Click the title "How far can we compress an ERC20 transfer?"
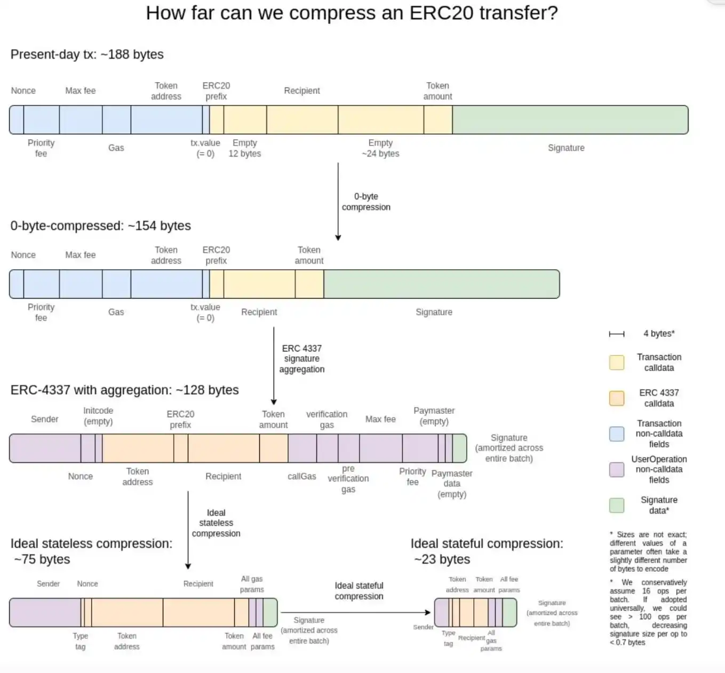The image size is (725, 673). pyautogui.click(x=352, y=13)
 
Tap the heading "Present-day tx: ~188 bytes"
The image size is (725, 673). pyautogui.click(x=87, y=54)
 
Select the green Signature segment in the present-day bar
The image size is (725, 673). pyautogui.click(x=570, y=119)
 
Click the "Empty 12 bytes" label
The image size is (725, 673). pyautogui.click(x=245, y=148)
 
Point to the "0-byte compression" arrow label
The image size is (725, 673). pyautogui.click(x=366, y=202)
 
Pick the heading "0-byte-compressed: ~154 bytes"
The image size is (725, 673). pyautogui.click(x=100, y=226)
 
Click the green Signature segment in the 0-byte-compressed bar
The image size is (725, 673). pyautogui.click(x=441, y=284)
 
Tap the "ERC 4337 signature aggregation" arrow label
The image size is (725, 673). pyautogui.click(x=302, y=358)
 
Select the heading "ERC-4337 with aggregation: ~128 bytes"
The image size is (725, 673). pyautogui.click(x=124, y=390)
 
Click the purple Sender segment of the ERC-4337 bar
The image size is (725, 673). pyautogui.click(x=45, y=448)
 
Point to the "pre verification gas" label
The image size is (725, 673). pyautogui.click(x=348, y=478)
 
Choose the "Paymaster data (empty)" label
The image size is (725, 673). pyautogui.click(x=452, y=484)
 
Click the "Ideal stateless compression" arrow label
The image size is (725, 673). pyautogui.click(x=216, y=523)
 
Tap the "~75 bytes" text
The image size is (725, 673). pyautogui.click(x=42, y=559)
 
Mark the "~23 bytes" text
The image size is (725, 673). pyautogui.click(x=442, y=559)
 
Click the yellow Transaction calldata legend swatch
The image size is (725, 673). pyautogui.click(x=617, y=363)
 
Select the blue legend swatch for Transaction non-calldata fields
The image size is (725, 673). pyautogui.click(x=617, y=434)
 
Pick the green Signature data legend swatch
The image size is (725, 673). pyautogui.click(x=617, y=505)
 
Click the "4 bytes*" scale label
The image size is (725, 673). pyautogui.click(x=659, y=333)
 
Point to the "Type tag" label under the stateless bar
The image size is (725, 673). pyautogui.click(x=81, y=641)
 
